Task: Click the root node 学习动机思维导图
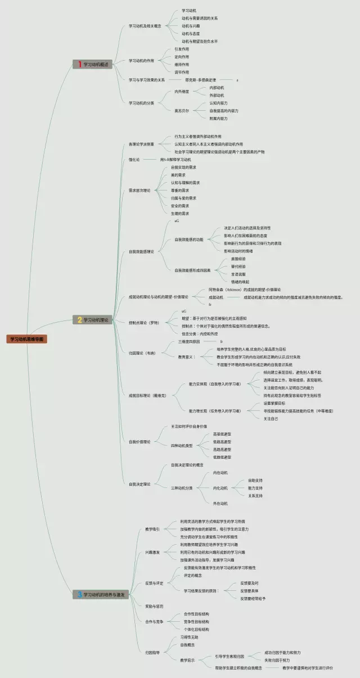pyautogui.click(x=28, y=339)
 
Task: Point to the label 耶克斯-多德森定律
pyautogui.click(x=201, y=80)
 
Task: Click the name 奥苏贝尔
pyautogui.click(x=181, y=111)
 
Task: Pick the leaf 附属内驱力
pyautogui.click(x=218, y=119)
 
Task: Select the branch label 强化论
pyautogui.click(x=134, y=160)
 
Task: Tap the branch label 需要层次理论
pyautogui.click(x=139, y=191)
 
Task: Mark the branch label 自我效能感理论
pyautogui.click(x=141, y=251)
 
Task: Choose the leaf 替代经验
pyautogui.click(x=238, y=266)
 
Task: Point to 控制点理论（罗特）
pyautogui.click(x=144, y=323)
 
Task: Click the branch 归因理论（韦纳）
pyautogui.click(x=142, y=353)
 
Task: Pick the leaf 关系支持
pyautogui.click(x=255, y=496)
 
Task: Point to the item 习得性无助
pyautogui.click(x=189, y=637)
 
